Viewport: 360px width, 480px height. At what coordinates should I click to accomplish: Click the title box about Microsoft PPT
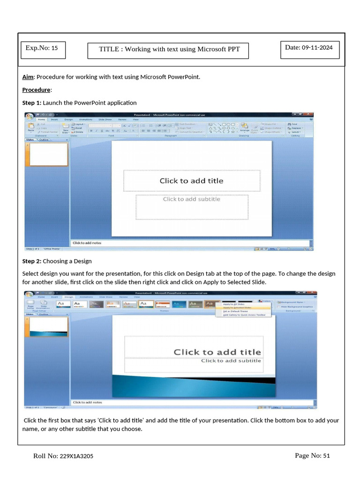click(x=168, y=50)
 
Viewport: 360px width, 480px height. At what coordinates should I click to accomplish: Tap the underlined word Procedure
click(x=36, y=90)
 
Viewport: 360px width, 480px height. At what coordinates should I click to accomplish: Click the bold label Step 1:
click(x=32, y=103)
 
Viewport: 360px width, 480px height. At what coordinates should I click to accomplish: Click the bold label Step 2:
click(x=32, y=261)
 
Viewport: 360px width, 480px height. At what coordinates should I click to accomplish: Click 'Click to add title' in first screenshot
click(x=191, y=181)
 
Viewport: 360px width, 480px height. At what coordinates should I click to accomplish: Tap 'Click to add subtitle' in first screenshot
click(x=191, y=199)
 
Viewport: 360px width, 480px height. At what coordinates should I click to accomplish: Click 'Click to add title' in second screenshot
click(x=217, y=352)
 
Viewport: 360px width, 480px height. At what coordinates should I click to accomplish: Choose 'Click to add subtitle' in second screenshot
click(x=231, y=361)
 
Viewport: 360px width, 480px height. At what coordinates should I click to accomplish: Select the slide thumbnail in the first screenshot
click(x=49, y=154)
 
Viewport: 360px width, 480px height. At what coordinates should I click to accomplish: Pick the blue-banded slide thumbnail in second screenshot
click(x=49, y=327)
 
